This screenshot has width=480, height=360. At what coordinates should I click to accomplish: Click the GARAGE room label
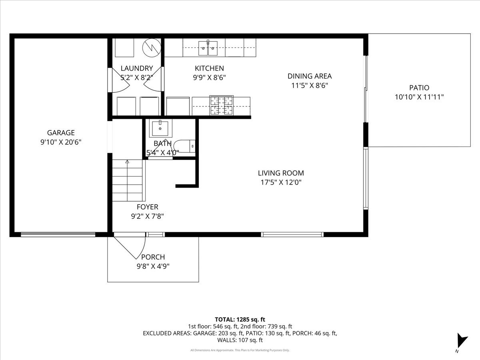[x=61, y=133]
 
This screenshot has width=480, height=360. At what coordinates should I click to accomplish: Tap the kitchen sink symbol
[x=208, y=49]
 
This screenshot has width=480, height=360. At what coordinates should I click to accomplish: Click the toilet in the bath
[x=187, y=147]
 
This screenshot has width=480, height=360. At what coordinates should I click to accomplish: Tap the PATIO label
[x=419, y=88]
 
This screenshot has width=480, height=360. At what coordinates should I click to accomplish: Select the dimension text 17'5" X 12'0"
[x=280, y=182]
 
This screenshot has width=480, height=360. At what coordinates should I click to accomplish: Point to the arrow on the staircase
[x=127, y=162]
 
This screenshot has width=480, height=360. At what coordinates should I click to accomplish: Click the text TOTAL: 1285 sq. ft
[x=240, y=319]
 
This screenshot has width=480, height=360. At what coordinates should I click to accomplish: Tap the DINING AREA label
[x=309, y=76]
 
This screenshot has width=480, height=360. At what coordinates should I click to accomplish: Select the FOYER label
[x=147, y=207]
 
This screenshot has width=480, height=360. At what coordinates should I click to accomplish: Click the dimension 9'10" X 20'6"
[x=61, y=142]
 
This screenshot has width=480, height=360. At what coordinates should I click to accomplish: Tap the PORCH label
[x=153, y=257]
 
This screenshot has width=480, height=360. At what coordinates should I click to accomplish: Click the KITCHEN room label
[x=209, y=68]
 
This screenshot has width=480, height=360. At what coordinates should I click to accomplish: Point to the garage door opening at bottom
[x=58, y=234]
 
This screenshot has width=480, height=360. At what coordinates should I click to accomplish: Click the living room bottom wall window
[x=292, y=234]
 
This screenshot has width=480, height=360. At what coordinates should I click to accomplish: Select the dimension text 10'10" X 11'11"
[x=419, y=97]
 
